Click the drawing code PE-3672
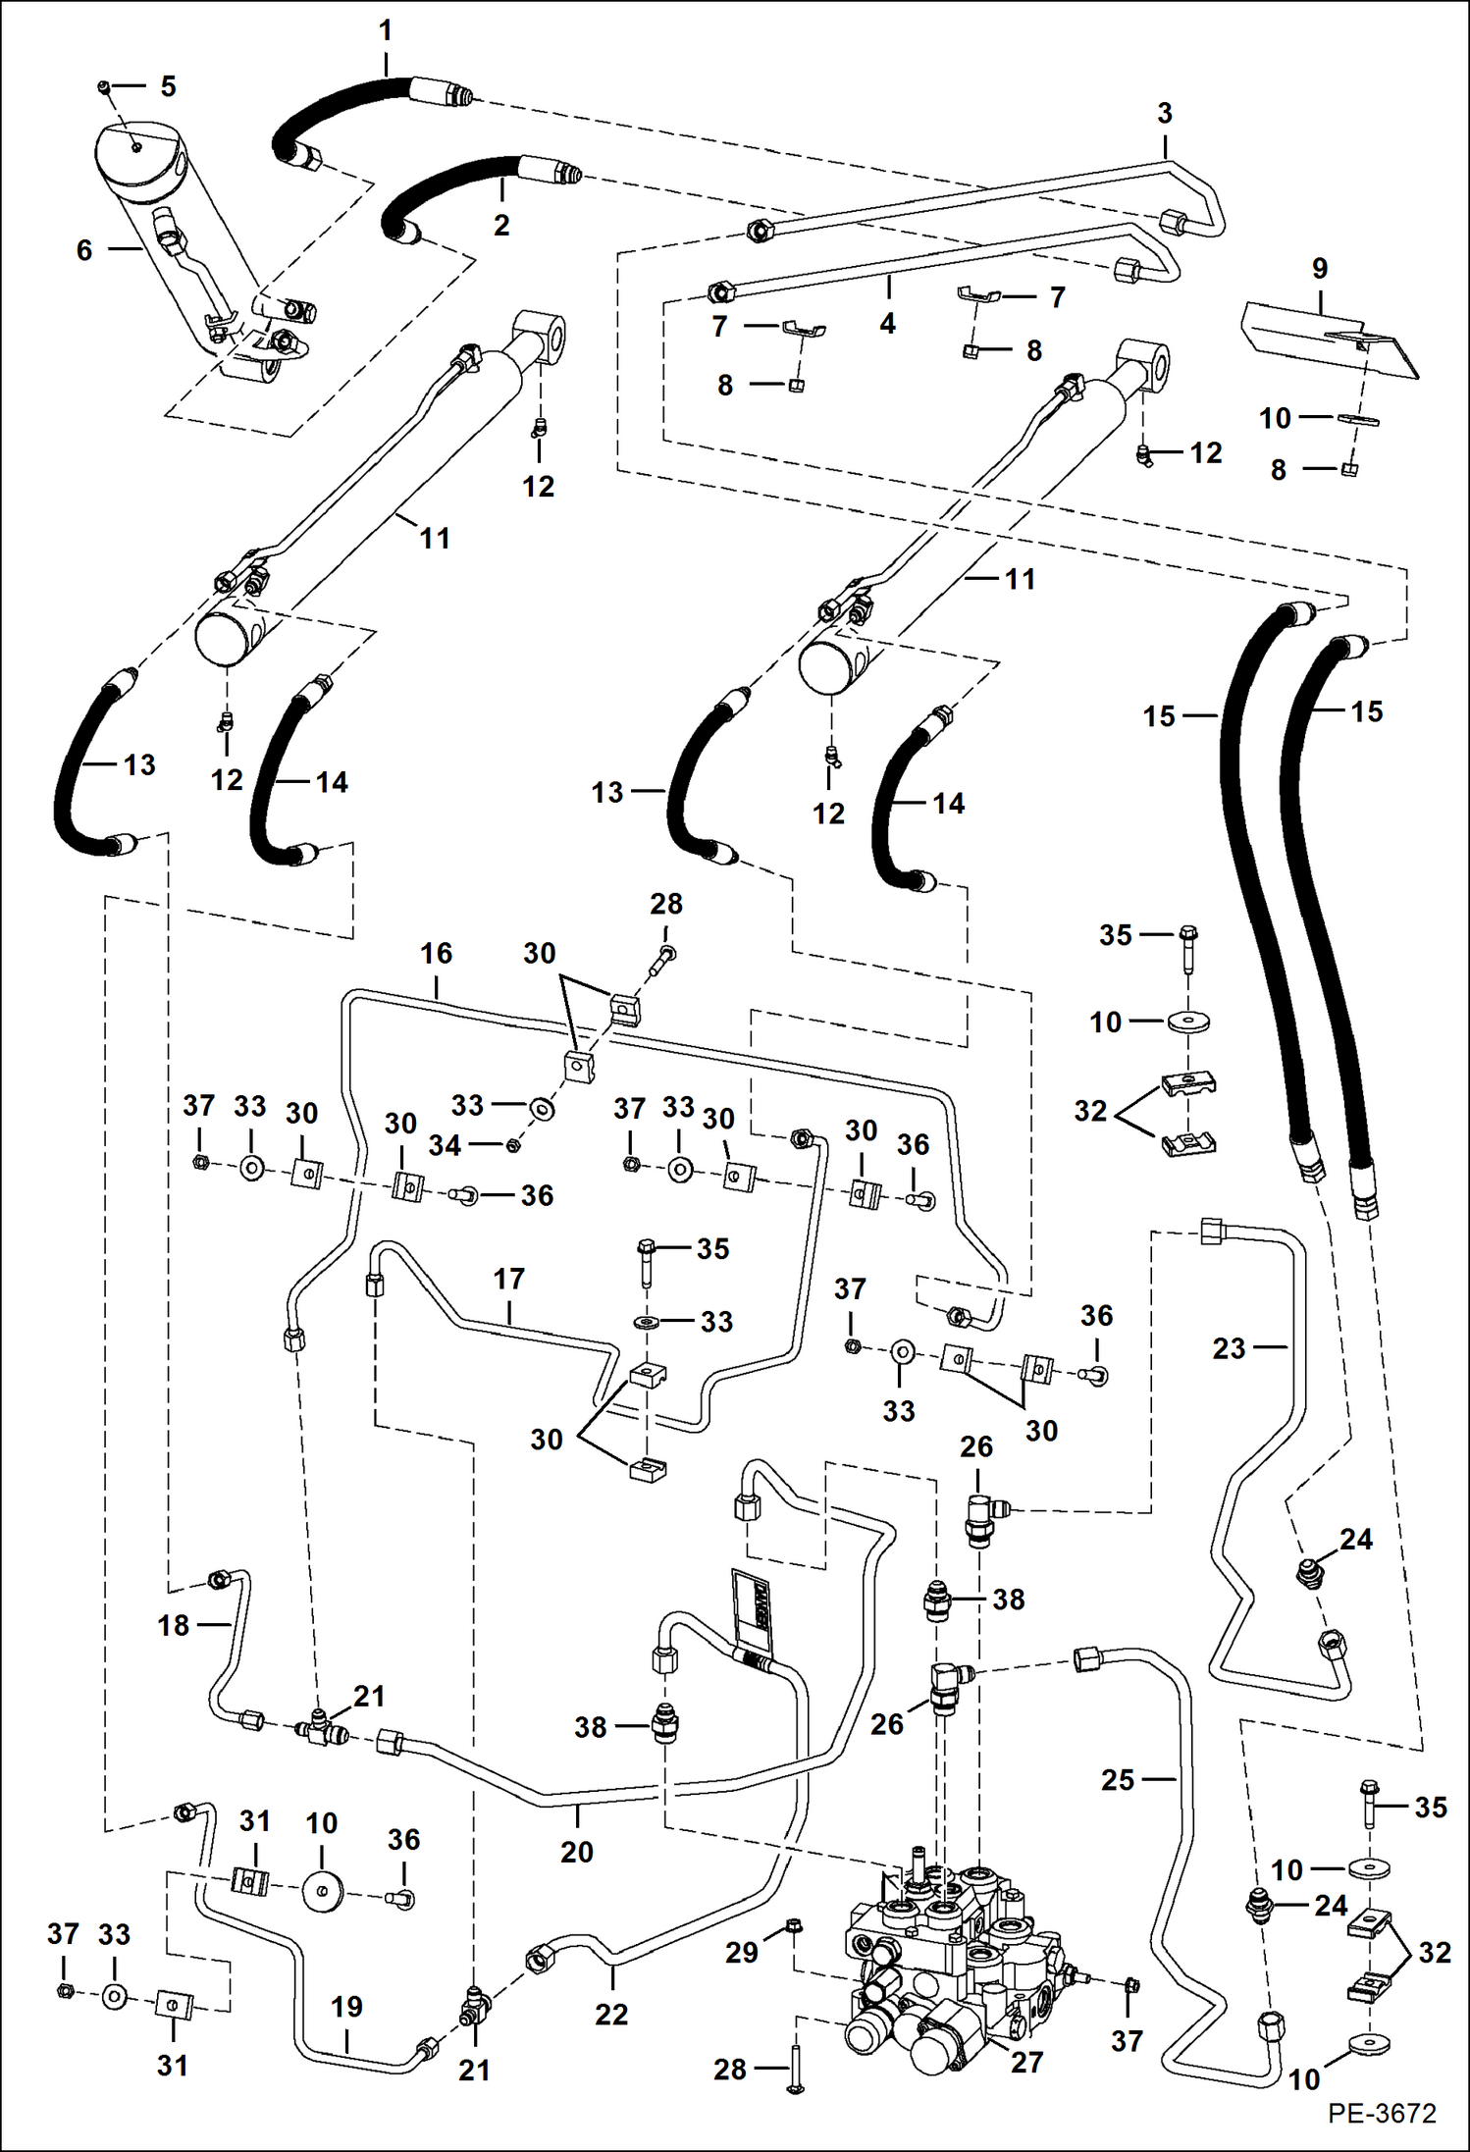click(1382, 2113)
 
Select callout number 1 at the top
click(386, 30)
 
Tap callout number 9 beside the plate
click(1320, 268)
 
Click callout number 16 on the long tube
click(436, 953)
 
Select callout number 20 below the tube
click(576, 1852)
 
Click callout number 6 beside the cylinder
click(84, 250)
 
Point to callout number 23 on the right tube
click(1229, 1348)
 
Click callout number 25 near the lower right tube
click(1118, 1779)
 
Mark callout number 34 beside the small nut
click(445, 1144)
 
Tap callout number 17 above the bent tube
click(508, 1279)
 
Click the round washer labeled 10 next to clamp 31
click(322, 1891)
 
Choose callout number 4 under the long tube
click(887, 323)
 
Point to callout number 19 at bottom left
click(346, 2007)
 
